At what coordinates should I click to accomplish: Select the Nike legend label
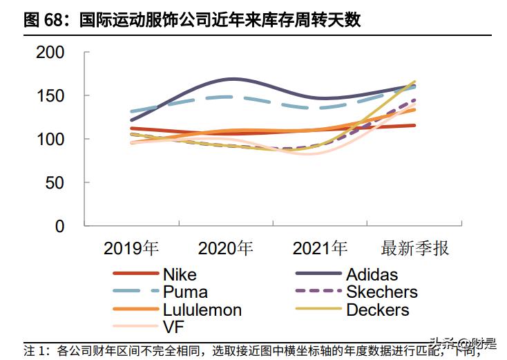(180, 275)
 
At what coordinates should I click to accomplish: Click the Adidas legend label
(372, 275)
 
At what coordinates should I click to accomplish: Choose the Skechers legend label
(381, 292)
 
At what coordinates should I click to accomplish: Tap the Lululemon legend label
(202, 310)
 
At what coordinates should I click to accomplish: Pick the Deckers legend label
(377, 310)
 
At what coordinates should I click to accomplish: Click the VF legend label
(173, 327)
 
